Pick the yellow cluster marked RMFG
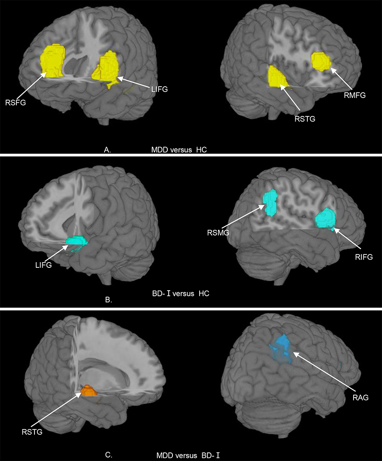click(321, 61)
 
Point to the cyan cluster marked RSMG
click(271, 203)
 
